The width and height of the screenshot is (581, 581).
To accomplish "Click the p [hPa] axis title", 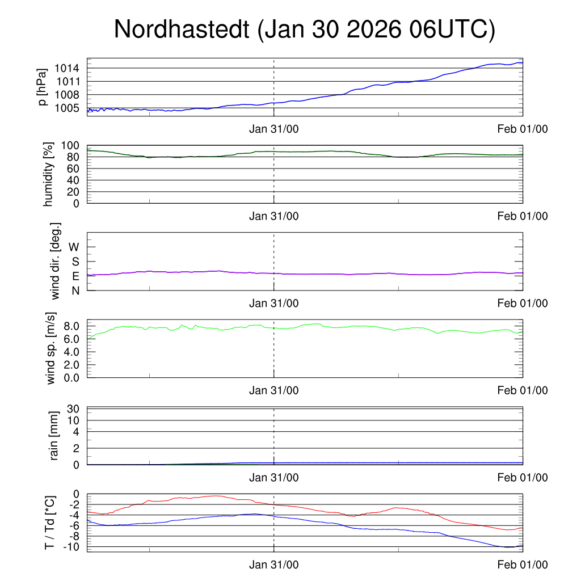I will point(43,87).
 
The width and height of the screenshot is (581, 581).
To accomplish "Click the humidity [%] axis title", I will point(49,174).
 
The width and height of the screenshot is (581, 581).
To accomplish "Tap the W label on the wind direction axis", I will point(74,247).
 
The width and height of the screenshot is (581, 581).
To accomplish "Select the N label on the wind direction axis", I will point(75,290).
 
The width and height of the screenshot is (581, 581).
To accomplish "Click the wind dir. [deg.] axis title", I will point(56,261).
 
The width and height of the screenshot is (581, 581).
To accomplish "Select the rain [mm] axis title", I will point(54,436).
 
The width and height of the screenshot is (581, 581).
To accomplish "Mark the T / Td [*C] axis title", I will point(50,523).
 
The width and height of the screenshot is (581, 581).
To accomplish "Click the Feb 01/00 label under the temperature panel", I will point(523,565).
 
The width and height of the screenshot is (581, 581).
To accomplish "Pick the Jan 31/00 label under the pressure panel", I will point(274,129).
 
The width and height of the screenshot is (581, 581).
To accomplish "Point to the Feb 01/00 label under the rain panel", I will point(523,478).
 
